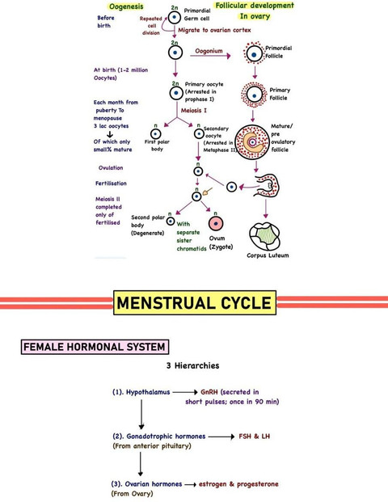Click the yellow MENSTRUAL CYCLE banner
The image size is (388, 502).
pyautogui.click(x=195, y=302)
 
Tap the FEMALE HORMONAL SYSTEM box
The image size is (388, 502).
pyautogui.click(x=95, y=347)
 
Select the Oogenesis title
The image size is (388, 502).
pyautogui.click(x=126, y=6)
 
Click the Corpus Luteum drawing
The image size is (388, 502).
pyautogui.click(x=264, y=236)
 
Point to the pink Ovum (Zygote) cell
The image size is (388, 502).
pyautogui.click(x=216, y=223)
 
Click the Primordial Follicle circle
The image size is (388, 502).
pyautogui.click(x=254, y=53)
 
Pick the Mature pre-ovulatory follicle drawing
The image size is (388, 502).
pyautogui.click(x=252, y=141)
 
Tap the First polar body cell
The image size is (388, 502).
pyautogui.click(x=155, y=134)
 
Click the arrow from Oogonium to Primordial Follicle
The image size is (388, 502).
pyautogui.click(x=210, y=56)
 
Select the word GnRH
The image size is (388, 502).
pyautogui.click(x=209, y=392)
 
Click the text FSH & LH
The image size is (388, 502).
pyautogui.click(x=254, y=436)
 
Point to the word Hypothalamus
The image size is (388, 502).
pyautogui.click(x=148, y=392)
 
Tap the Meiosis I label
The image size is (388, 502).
pyautogui.click(x=194, y=111)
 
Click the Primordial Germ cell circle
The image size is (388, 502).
pyautogui.click(x=175, y=17)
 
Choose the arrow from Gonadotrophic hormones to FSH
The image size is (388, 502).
pyautogui.click(x=221, y=437)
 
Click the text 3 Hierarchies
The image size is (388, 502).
pyautogui.click(x=192, y=365)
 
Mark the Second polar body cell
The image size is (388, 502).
pyautogui.click(x=171, y=221)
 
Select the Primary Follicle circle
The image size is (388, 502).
pyautogui.click(x=254, y=95)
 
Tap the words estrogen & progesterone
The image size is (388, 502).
pyautogui.click(x=238, y=484)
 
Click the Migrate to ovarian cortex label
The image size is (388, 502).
pyautogui.click(x=214, y=30)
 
